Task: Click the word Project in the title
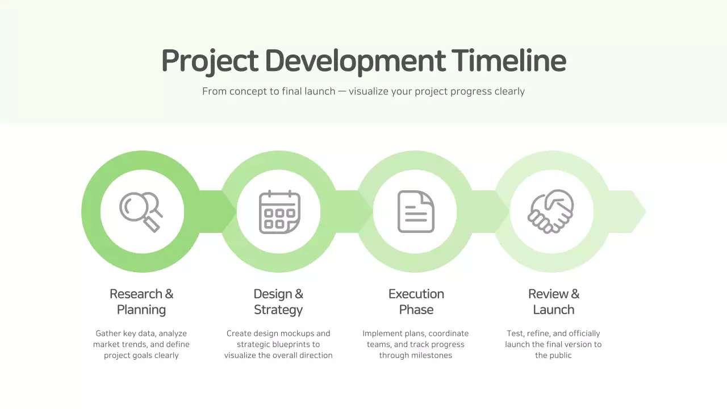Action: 210,61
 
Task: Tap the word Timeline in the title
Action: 509,60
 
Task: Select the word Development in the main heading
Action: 355,61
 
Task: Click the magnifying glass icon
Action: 141,211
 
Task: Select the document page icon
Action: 416,211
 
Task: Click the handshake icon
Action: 551,211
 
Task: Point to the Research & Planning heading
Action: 141,302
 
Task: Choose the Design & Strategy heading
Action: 278,302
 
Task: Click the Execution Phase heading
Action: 416,302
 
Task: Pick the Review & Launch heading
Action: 554,302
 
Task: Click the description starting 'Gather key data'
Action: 141,344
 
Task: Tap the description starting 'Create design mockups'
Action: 278,344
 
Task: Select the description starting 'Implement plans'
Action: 416,344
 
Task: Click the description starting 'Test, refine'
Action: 553,344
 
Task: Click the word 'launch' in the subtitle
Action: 320,91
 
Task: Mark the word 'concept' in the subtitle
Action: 247,91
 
